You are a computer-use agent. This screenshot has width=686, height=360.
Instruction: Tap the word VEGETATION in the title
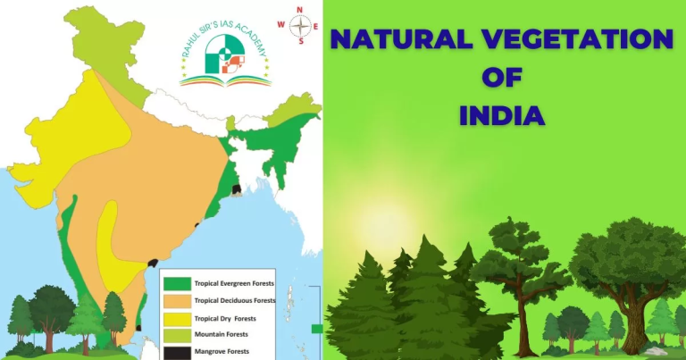tap(585, 41)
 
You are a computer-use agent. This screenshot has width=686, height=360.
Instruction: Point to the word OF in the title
tap(500, 79)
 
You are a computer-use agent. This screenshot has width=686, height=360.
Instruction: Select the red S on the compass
tap(301, 40)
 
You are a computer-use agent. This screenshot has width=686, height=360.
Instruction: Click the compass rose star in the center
tap(301, 25)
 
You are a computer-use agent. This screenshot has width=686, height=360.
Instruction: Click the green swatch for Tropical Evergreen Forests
tap(177, 283)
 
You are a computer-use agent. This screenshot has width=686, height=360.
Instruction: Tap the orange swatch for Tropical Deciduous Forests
tap(177, 300)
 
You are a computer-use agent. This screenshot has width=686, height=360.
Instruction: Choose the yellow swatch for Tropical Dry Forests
tap(177, 317)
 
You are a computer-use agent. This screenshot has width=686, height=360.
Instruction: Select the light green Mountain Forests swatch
tap(177, 334)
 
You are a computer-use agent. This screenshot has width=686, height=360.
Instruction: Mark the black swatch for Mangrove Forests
tap(177, 350)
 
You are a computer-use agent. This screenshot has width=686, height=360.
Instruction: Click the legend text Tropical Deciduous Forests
tap(234, 300)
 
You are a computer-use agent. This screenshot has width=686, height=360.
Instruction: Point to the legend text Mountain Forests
tap(220, 334)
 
